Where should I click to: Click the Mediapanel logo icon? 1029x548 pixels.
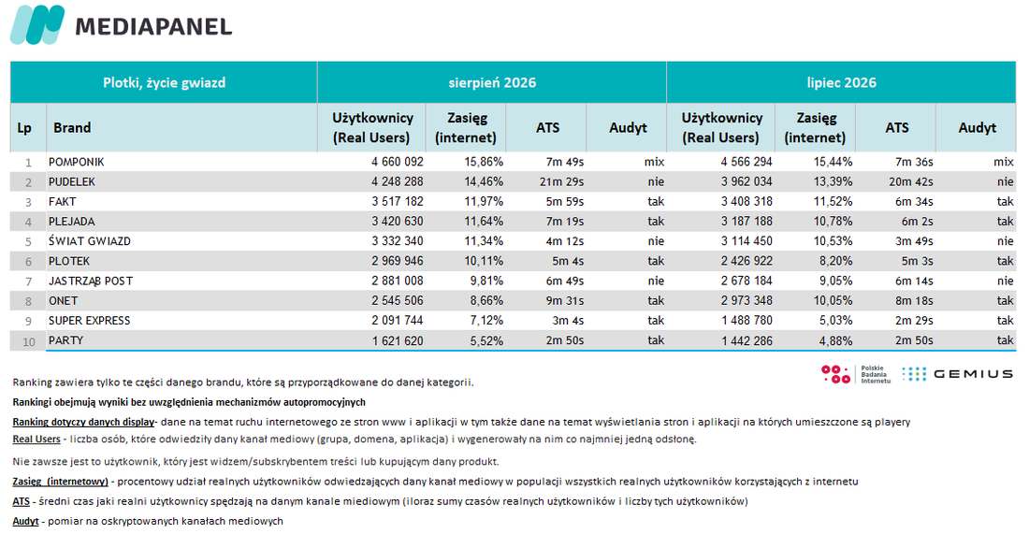coord(37,24)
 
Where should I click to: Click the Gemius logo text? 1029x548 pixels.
coord(973,374)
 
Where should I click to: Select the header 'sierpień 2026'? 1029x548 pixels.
coord(492,82)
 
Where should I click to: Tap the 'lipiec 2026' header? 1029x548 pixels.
coord(841,82)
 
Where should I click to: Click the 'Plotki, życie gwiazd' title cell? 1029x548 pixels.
coord(164,82)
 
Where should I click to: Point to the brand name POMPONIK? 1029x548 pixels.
coord(76,162)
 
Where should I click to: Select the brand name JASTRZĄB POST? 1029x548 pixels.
coord(91,281)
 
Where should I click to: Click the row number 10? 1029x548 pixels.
coord(29,341)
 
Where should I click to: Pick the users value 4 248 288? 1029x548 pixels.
coord(398,181)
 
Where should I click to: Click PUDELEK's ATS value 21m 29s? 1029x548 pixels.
coord(562,181)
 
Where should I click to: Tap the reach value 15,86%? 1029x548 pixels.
coord(484,162)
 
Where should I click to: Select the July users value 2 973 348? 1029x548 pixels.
coord(746,300)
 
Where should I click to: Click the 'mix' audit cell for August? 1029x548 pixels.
coord(654,162)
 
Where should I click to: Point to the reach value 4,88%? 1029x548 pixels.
coord(836,341)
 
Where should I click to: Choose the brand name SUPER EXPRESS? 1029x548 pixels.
coord(89,321)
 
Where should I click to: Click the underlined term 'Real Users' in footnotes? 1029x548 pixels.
coord(36,440)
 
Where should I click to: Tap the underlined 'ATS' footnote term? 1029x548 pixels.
coord(21,501)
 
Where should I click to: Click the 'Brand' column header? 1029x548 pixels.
coord(72,128)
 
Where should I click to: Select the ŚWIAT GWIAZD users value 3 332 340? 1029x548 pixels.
coord(398,241)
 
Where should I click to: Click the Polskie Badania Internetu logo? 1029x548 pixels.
coord(856,374)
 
